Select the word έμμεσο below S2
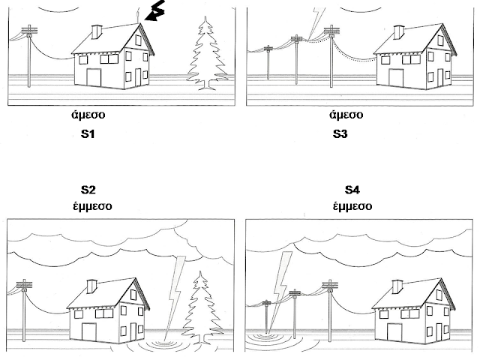(89, 205)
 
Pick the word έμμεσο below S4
(352, 205)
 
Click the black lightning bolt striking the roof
(156, 13)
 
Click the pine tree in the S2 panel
(201, 307)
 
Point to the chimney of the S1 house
(97, 31)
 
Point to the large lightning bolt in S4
(281, 281)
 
